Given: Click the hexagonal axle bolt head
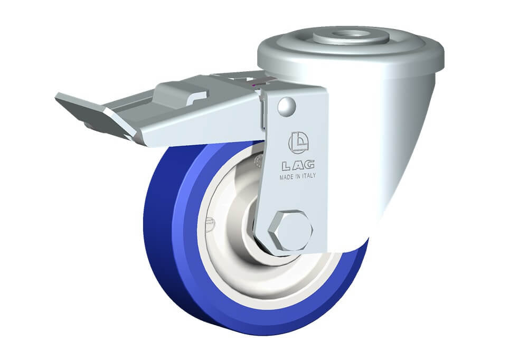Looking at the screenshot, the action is (x=290, y=231).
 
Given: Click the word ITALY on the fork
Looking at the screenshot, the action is (x=308, y=176).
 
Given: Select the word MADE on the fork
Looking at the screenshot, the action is (x=286, y=177).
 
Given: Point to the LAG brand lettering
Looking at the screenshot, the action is (x=298, y=165).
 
